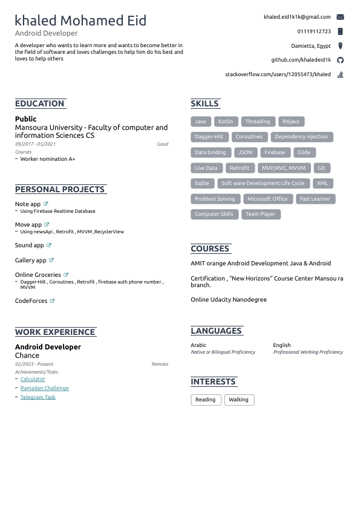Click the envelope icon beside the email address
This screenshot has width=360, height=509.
[340, 18]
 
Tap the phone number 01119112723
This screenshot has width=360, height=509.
[314, 31]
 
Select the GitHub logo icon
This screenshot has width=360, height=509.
[340, 60]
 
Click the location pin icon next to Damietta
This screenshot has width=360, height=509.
[340, 46]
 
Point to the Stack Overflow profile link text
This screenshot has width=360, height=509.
[278, 74]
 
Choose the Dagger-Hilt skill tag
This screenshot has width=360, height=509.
[209, 137]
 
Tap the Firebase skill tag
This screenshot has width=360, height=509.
[275, 152]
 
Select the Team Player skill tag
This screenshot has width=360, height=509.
[260, 214]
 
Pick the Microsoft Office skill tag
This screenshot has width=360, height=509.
[267, 199]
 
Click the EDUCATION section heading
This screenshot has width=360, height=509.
[40, 103]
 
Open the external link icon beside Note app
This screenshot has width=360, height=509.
[46, 204]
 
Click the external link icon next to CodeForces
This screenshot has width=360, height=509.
[52, 300]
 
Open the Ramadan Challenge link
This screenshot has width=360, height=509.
[45, 388]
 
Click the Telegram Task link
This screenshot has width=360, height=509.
[38, 397]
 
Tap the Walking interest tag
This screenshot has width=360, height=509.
[238, 400]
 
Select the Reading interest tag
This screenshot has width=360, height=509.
[205, 400]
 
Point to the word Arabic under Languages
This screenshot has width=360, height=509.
[198, 345]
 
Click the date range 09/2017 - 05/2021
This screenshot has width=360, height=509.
[35, 144]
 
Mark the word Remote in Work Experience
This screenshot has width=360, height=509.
[160, 365]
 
